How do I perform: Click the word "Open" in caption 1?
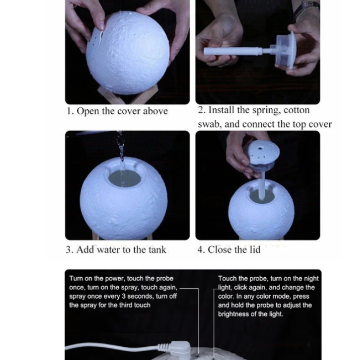[x=88, y=112]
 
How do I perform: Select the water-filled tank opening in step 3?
[x=125, y=177]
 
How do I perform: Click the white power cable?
[x=112, y=347]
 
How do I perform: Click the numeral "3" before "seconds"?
[x=124, y=297]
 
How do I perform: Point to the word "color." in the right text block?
[x=226, y=297]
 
